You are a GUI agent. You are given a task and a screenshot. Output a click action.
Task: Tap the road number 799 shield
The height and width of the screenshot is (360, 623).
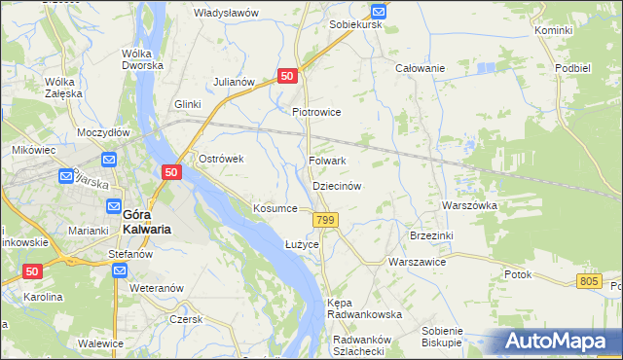326,222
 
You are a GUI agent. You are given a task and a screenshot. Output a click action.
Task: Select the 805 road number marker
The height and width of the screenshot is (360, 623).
587,281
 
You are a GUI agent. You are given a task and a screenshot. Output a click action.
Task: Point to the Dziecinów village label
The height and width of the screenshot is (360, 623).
337,185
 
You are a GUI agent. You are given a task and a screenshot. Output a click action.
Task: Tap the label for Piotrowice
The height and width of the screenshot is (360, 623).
316,112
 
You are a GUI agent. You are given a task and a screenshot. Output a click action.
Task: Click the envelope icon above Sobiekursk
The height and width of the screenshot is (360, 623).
380,11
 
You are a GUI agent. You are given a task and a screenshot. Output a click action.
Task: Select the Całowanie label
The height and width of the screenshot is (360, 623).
420,68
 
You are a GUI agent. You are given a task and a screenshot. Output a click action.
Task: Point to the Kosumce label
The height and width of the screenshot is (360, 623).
275,209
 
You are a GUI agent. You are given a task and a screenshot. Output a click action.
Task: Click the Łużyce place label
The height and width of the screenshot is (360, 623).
302,243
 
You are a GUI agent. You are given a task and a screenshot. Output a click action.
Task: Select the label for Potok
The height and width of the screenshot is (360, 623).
518,274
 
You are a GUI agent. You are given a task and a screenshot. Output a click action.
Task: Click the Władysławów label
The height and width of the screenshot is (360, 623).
226,13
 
